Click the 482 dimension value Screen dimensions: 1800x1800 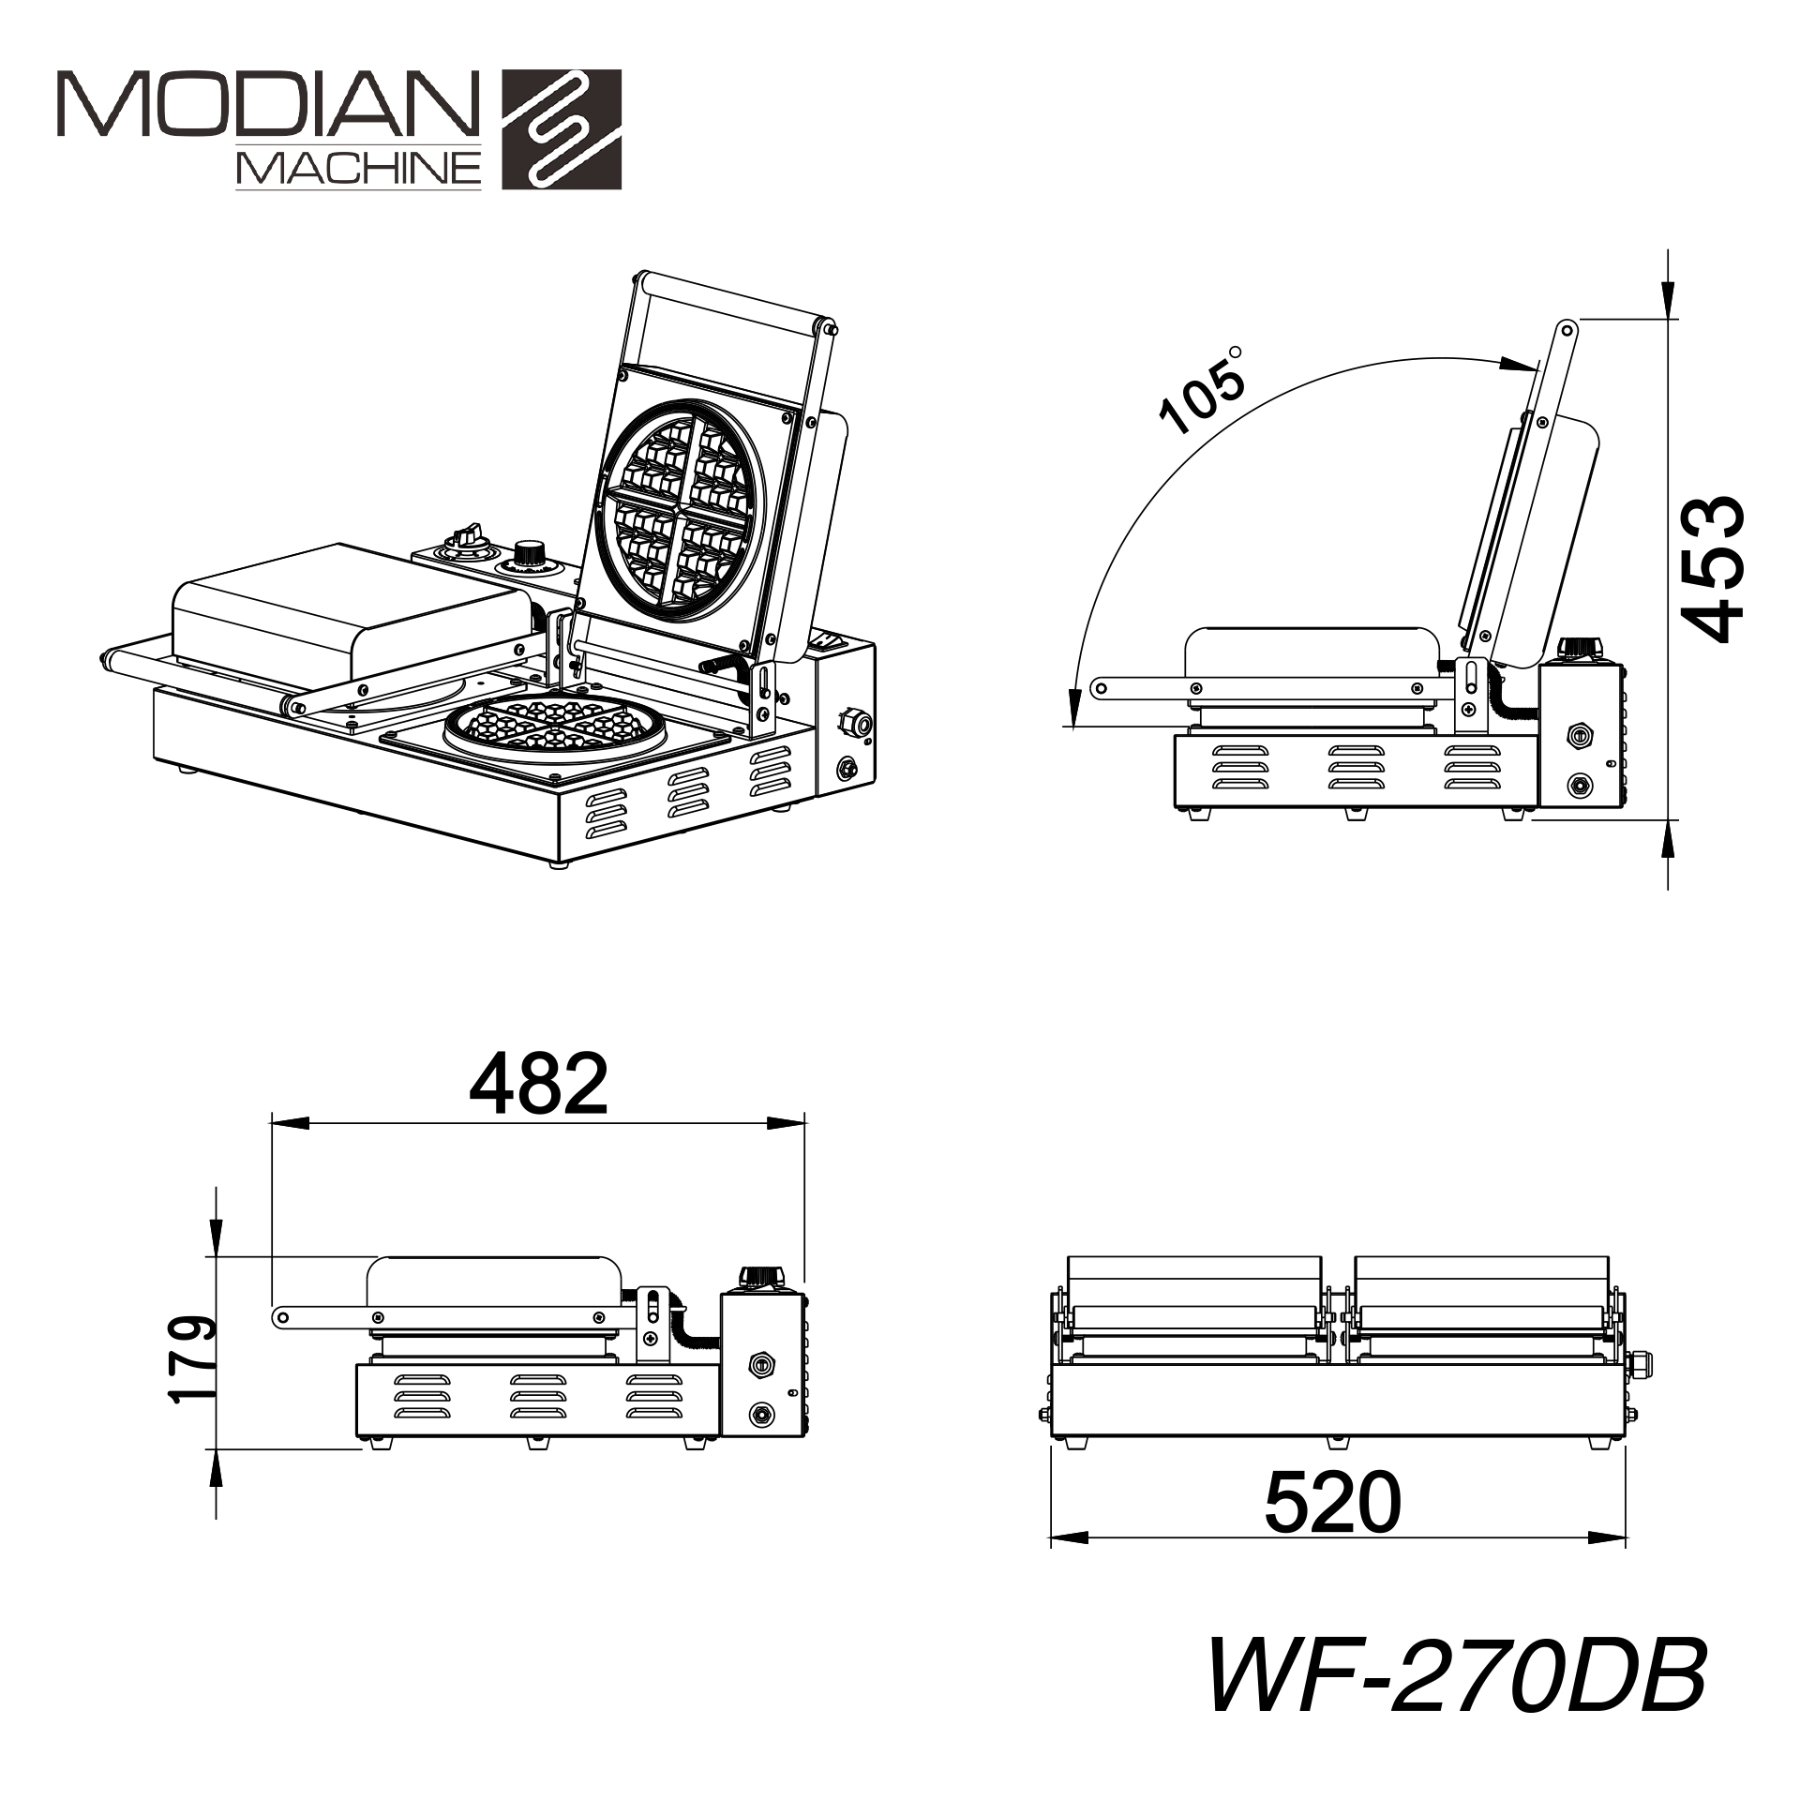pos(538,1083)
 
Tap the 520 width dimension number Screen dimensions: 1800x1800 pos(1332,1501)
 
